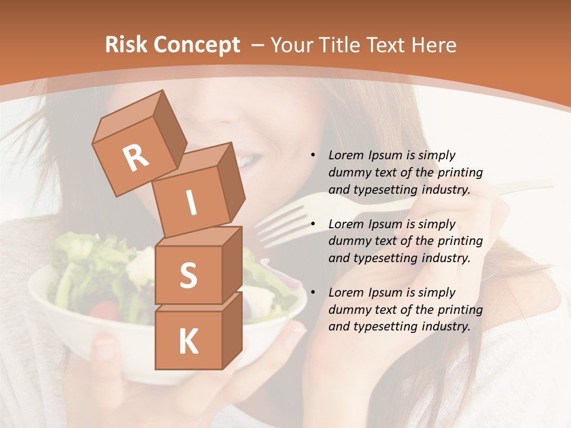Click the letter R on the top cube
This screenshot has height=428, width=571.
(136, 159)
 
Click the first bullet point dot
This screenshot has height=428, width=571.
(313, 156)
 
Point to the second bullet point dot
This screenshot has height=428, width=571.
(313, 224)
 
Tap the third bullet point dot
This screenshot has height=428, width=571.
(313, 292)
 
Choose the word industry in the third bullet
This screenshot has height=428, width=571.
(446, 326)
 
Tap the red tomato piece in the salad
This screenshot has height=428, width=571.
(104, 310)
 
